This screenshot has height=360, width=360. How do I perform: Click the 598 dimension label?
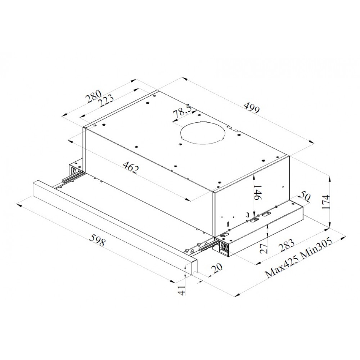(97, 240)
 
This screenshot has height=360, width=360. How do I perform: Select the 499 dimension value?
(251, 108)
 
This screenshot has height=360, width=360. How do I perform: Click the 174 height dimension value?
(326, 202)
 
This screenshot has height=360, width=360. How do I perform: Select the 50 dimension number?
(305, 197)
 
